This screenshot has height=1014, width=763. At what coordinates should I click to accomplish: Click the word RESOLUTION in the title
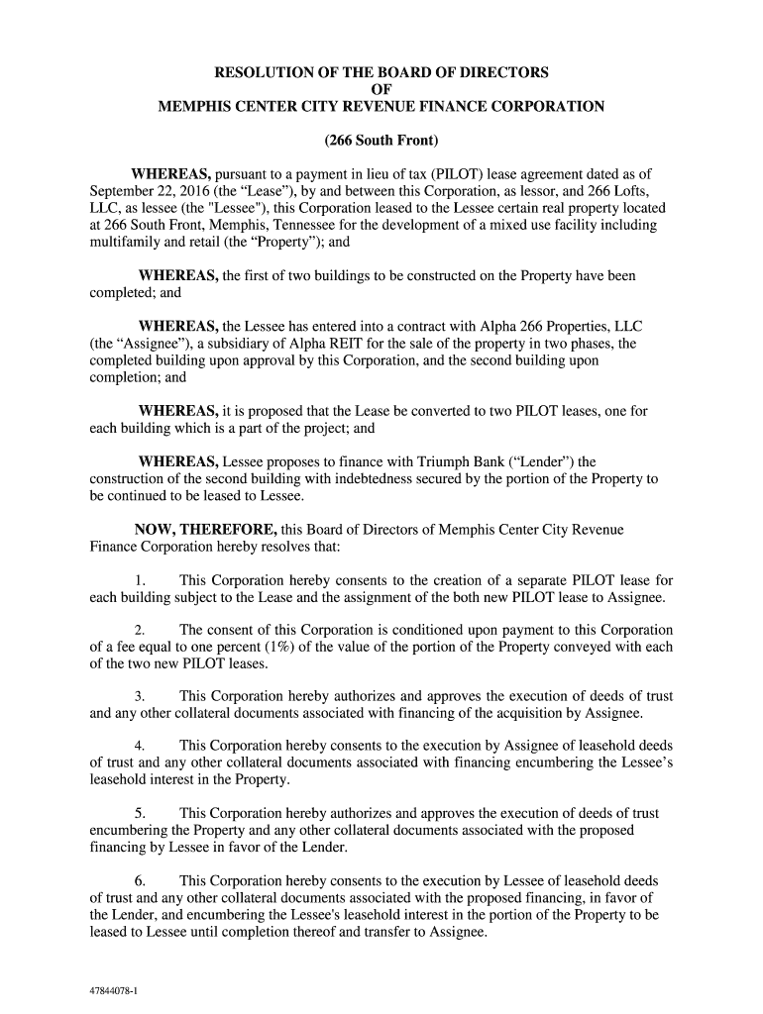(263, 72)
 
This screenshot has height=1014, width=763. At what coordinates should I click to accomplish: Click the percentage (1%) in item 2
(268, 647)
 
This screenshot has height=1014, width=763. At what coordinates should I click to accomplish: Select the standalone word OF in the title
(381, 89)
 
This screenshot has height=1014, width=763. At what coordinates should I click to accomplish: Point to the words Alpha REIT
(287, 344)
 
